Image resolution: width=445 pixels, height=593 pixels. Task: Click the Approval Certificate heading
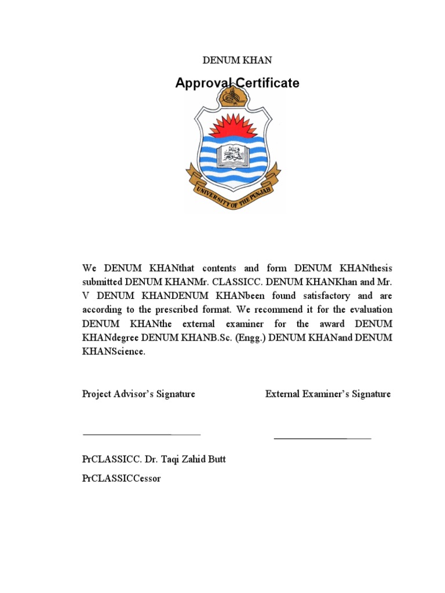[x=237, y=83]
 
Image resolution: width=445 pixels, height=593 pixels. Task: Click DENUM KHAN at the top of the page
[x=236, y=60]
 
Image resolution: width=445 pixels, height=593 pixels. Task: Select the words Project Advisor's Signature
[x=138, y=394]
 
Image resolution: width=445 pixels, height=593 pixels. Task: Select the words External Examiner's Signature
[x=328, y=394]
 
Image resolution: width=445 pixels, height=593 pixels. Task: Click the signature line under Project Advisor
[x=141, y=434]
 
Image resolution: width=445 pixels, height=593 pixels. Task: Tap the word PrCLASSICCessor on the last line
[x=122, y=478]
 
